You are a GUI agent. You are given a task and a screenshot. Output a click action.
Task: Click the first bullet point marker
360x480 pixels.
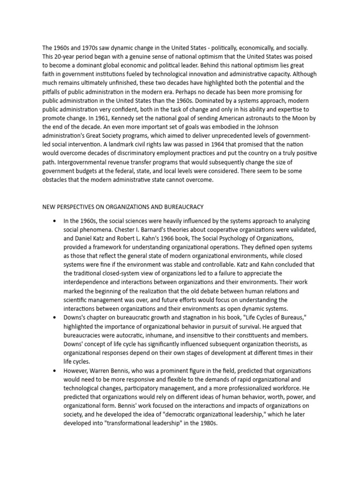55,221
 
